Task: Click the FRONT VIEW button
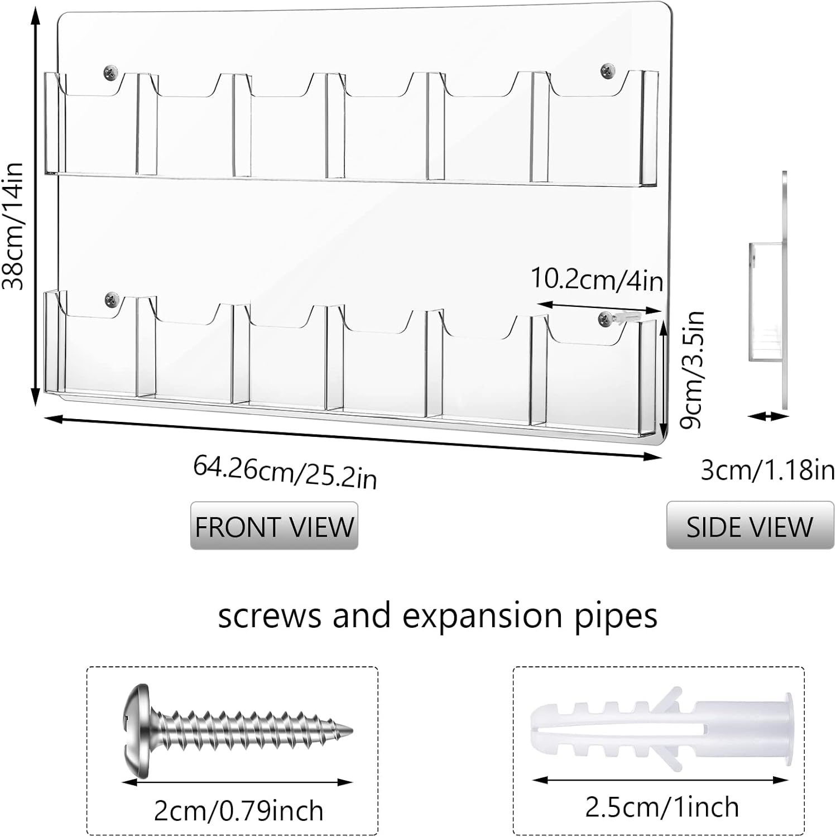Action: (x=274, y=526)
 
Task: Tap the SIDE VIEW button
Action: (x=749, y=526)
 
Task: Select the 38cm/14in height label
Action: (x=13, y=225)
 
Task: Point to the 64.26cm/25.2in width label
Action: (x=285, y=472)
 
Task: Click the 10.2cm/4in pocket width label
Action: (x=596, y=279)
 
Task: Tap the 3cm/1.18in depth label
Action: (x=767, y=470)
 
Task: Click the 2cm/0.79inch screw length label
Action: (x=238, y=810)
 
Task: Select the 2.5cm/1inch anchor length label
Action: (x=661, y=807)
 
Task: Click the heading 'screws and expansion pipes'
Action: (x=438, y=616)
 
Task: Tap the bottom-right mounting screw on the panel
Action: (x=605, y=319)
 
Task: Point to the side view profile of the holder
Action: (x=770, y=301)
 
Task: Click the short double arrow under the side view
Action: (x=768, y=416)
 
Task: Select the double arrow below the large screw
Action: (x=238, y=782)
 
